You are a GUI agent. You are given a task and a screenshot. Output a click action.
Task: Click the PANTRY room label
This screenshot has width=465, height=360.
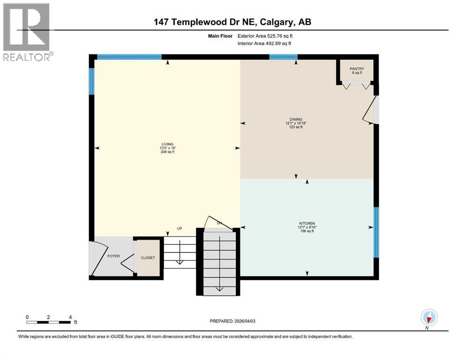click(357, 69)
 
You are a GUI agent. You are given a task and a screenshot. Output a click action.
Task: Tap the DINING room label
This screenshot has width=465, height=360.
click(295, 119)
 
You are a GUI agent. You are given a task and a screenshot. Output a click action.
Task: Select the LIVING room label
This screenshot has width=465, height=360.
click(167, 144)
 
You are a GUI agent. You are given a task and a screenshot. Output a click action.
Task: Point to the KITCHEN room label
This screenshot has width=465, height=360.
click(307, 223)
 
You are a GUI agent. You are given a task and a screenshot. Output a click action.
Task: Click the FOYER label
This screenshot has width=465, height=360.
click(114, 256)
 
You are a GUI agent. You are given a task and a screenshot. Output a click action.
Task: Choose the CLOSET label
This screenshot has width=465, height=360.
click(148, 258)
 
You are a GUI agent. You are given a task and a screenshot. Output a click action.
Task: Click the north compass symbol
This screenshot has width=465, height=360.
click(429, 318)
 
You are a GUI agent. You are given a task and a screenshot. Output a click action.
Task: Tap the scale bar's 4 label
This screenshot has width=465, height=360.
click(70, 317)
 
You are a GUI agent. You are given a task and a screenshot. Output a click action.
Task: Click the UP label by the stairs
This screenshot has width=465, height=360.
click(179, 228)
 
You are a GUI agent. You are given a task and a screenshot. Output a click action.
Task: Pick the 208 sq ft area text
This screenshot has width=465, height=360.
click(167, 152)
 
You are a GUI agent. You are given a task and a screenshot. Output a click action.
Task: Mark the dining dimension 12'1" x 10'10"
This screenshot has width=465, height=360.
click(295, 123)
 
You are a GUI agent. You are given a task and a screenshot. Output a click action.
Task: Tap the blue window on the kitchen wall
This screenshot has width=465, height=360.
click(376, 232)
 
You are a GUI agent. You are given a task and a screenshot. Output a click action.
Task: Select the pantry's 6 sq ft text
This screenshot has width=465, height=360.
click(357, 73)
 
